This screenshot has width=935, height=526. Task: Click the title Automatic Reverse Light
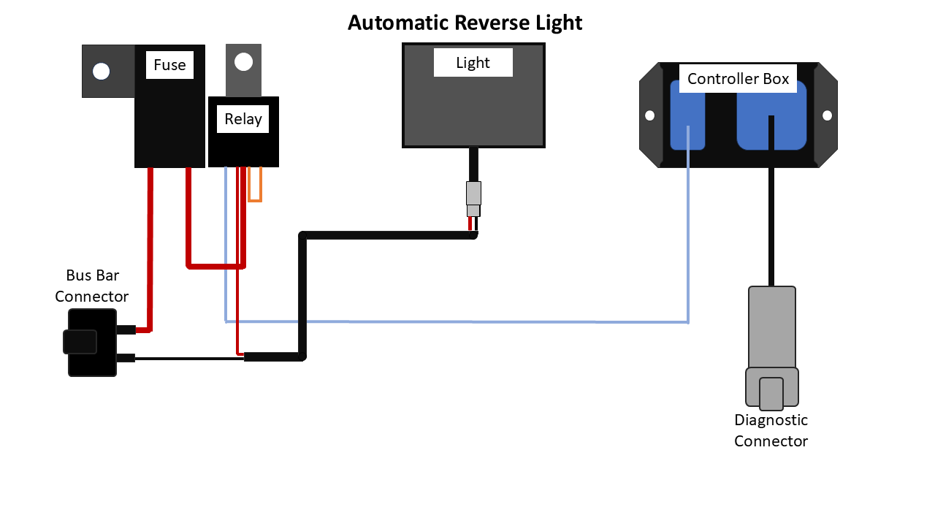tap(465, 23)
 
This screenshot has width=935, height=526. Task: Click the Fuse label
tap(169, 65)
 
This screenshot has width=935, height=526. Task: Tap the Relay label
tap(243, 119)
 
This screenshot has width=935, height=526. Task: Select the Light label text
tap(473, 63)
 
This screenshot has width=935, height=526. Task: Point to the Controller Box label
tap(738, 79)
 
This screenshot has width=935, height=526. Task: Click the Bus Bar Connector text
tap(92, 286)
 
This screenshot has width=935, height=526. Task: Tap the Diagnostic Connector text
tap(771, 430)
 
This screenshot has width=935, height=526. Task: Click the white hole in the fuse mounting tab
tap(102, 71)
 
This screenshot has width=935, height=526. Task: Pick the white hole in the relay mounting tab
tap(243, 61)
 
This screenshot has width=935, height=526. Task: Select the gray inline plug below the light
tap(473, 194)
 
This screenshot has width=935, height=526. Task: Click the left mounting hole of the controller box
tap(649, 115)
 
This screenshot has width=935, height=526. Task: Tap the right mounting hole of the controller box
tap(828, 115)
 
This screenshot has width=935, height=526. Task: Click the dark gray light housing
tap(473, 110)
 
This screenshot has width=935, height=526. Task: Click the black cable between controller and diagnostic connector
tap(771, 226)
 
